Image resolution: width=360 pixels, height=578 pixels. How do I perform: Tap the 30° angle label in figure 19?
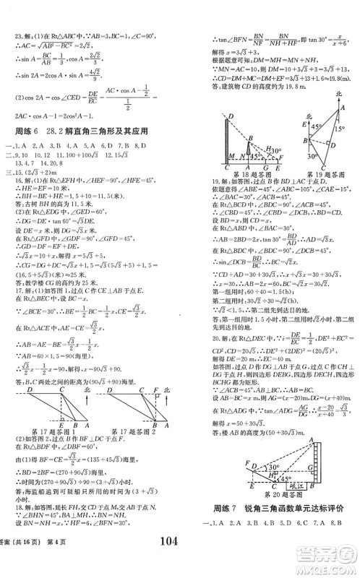pyautogui.click(x=312, y=154)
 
